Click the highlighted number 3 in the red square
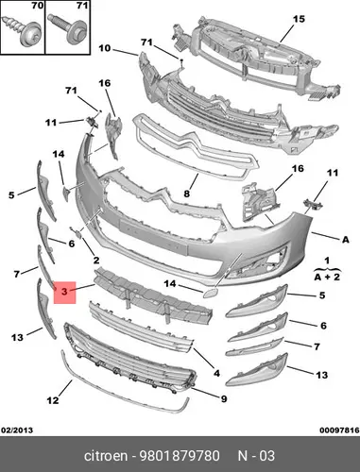[64, 292]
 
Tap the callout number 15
[299, 19]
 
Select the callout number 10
[105, 48]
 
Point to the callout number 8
[187, 194]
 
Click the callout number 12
[53, 400]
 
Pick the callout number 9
[224, 399]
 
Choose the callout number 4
[216, 373]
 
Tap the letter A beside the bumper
[346, 240]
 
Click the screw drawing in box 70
[23, 31]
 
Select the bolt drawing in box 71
[66, 28]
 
